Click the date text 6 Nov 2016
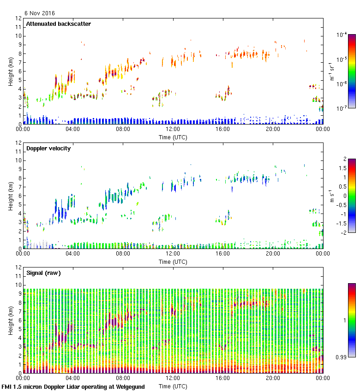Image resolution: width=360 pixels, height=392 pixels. (39, 13)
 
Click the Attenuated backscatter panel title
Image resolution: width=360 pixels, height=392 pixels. (58, 24)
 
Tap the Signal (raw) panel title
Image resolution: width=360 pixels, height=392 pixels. (43, 273)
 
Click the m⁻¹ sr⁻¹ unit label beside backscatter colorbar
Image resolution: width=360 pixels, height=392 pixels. (331, 71)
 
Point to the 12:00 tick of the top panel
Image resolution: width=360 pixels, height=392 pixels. (173, 130)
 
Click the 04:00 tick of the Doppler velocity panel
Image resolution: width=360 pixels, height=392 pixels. (73, 254)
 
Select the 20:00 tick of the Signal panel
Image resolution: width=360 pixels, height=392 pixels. (273, 379)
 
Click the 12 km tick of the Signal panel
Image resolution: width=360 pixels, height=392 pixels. (18, 267)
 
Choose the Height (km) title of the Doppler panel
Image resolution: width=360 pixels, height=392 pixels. (10, 196)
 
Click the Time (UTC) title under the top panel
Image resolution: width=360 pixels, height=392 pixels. (173, 137)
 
